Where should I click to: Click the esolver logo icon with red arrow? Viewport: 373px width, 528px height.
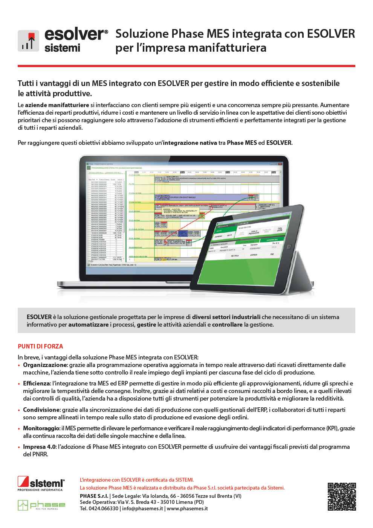(x=28, y=41)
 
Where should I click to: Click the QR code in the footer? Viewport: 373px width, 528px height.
(x=342, y=497)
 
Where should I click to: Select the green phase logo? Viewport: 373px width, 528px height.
(x=41, y=505)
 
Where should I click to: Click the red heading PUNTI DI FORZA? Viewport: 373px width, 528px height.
(x=40, y=346)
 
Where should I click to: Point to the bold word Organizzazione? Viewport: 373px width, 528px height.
(x=45, y=365)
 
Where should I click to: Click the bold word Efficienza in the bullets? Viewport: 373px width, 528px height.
(x=39, y=383)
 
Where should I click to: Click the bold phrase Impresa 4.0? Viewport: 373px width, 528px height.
(x=39, y=447)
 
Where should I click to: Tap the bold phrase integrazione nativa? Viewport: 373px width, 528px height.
(x=190, y=143)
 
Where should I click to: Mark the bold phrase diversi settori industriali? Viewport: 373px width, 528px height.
(x=226, y=317)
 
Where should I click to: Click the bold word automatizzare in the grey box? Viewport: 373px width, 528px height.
(x=88, y=324)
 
